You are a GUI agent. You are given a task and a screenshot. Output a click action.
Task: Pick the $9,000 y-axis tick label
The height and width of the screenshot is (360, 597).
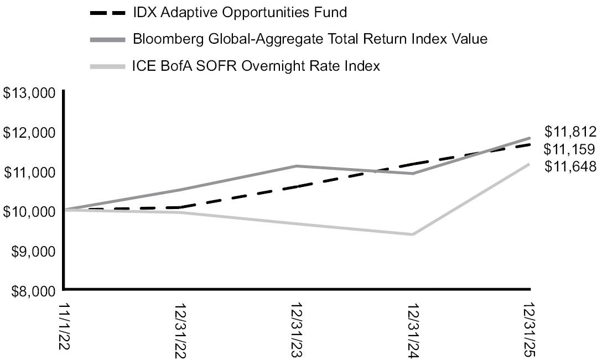(x=32, y=251)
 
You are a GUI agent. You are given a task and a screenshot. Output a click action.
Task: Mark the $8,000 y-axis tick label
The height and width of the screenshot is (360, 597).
(x=32, y=290)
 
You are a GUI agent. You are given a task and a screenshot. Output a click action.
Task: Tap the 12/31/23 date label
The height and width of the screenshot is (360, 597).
(x=297, y=330)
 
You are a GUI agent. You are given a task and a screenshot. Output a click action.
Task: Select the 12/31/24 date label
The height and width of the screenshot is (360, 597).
(x=413, y=330)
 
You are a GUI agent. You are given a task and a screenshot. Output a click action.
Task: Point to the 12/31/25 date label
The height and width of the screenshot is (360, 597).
(x=530, y=330)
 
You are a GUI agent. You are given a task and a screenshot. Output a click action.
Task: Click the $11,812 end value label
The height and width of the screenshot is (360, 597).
(x=570, y=132)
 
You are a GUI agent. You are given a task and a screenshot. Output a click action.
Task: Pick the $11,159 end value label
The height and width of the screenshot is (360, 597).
(x=570, y=149)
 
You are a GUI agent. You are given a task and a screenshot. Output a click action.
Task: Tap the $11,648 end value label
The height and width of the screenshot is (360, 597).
(x=570, y=166)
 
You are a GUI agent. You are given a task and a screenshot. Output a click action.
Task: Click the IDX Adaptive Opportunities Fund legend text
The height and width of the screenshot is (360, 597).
(x=240, y=12)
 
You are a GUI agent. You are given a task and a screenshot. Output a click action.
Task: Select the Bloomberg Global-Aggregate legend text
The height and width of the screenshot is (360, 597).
(x=310, y=39)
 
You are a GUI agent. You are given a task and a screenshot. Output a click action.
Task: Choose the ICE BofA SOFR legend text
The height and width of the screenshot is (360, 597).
(x=256, y=66)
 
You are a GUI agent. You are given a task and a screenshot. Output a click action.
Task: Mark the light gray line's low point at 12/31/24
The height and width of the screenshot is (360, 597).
(x=413, y=234)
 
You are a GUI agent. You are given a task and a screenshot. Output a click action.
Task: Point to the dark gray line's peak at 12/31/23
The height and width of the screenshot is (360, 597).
(x=297, y=166)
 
